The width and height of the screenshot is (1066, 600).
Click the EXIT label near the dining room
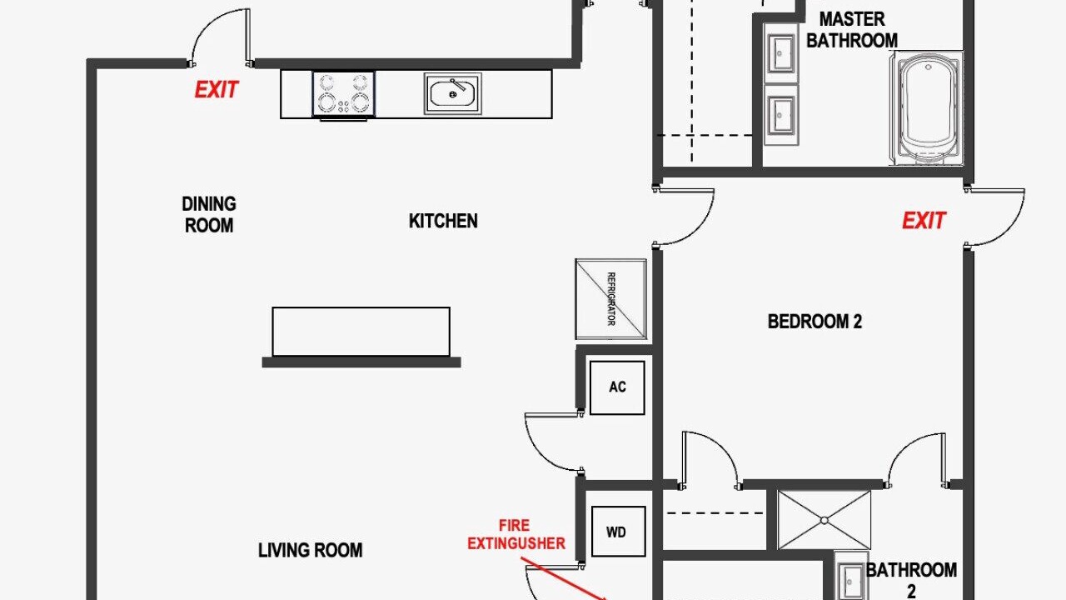[217, 90]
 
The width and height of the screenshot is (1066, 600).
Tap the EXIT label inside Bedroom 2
[924, 221]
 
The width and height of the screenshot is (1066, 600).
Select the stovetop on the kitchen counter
[344, 94]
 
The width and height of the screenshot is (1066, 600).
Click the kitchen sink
[452, 93]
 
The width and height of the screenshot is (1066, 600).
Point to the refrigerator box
[611, 299]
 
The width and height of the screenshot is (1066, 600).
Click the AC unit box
[617, 387]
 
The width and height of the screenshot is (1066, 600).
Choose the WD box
[618, 532]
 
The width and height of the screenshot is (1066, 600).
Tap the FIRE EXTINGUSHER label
[516, 534]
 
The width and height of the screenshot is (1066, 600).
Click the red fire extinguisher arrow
[566, 582]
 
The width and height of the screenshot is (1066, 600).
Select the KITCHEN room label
[443, 221]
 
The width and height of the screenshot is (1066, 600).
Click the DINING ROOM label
[209, 215]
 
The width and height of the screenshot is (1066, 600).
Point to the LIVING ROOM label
[311, 551]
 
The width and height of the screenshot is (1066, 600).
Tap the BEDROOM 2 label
[814, 322]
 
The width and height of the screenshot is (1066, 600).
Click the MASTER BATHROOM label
[852, 30]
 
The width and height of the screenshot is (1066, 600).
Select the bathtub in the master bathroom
[927, 109]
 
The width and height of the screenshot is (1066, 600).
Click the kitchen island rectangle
[361, 332]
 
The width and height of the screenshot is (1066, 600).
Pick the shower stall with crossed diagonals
[824, 520]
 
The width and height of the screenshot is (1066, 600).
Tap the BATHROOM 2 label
[911, 580]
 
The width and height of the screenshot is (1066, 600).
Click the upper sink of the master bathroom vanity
[780, 53]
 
